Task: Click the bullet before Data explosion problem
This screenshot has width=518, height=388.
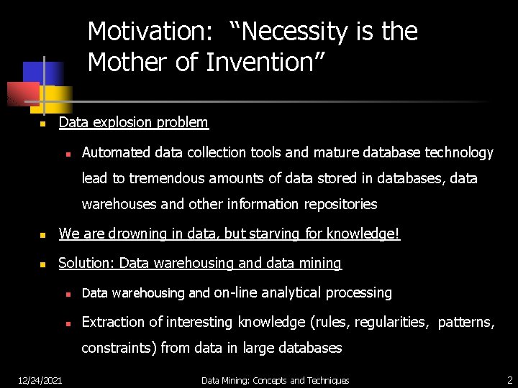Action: point(42,124)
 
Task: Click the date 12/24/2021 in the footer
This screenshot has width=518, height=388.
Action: point(40,380)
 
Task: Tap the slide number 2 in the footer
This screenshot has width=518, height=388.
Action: point(509,379)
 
